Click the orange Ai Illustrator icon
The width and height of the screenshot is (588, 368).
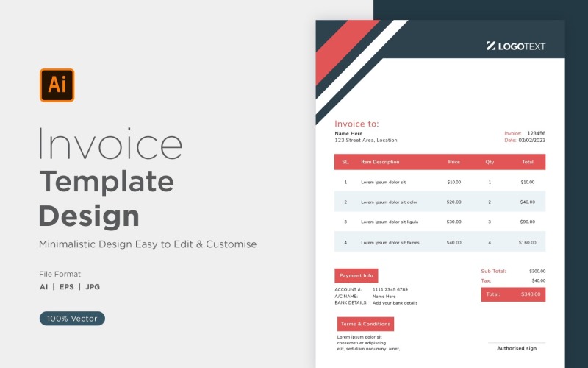57,85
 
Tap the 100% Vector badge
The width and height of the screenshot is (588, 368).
72,319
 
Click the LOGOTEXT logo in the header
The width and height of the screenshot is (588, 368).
516,46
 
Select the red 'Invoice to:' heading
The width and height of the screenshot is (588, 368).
356,124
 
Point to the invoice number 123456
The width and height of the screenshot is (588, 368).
537,133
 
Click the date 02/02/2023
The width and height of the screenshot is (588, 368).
532,140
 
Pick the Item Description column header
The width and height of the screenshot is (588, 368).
380,162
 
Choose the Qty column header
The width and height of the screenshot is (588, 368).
490,162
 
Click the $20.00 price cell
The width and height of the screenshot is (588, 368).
454,202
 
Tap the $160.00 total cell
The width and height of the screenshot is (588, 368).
527,242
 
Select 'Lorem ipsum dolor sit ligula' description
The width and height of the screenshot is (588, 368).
390,222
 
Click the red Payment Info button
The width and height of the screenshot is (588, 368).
356,275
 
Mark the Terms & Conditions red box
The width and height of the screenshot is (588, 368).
365,324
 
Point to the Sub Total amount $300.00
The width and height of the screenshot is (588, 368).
537,271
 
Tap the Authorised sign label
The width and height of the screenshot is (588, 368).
517,348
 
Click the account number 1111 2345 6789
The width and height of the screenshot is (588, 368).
390,289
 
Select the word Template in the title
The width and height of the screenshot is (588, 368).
107,181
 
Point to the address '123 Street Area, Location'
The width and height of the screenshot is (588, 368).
366,140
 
